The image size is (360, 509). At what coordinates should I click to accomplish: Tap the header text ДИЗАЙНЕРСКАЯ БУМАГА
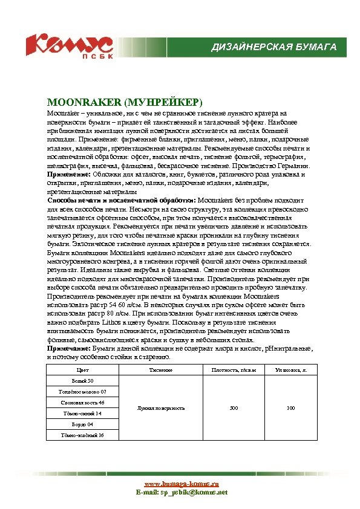[x=273, y=47]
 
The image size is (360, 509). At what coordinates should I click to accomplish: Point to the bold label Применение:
[x=69, y=174]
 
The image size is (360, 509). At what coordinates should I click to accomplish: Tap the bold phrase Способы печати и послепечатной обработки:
[x=122, y=199]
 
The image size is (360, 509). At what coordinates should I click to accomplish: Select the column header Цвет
[x=82, y=369]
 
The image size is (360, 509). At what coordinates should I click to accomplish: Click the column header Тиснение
[x=160, y=369]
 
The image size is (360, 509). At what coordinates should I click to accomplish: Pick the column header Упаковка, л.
[x=290, y=369]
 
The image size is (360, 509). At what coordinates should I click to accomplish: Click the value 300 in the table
[x=234, y=408]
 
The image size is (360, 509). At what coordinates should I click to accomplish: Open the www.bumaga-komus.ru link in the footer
[x=181, y=484]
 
